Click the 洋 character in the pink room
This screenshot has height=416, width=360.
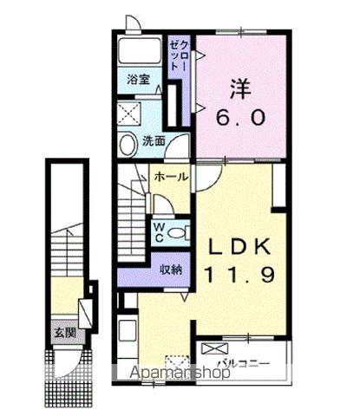(x=241, y=88)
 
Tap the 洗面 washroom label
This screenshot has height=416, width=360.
(x=154, y=140)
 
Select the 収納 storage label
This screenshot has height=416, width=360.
(x=170, y=269)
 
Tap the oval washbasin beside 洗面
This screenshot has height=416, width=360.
(x=127, y=144)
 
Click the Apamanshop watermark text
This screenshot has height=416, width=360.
(x=178, y=375)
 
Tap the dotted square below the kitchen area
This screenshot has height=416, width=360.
(x=175, y=362)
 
